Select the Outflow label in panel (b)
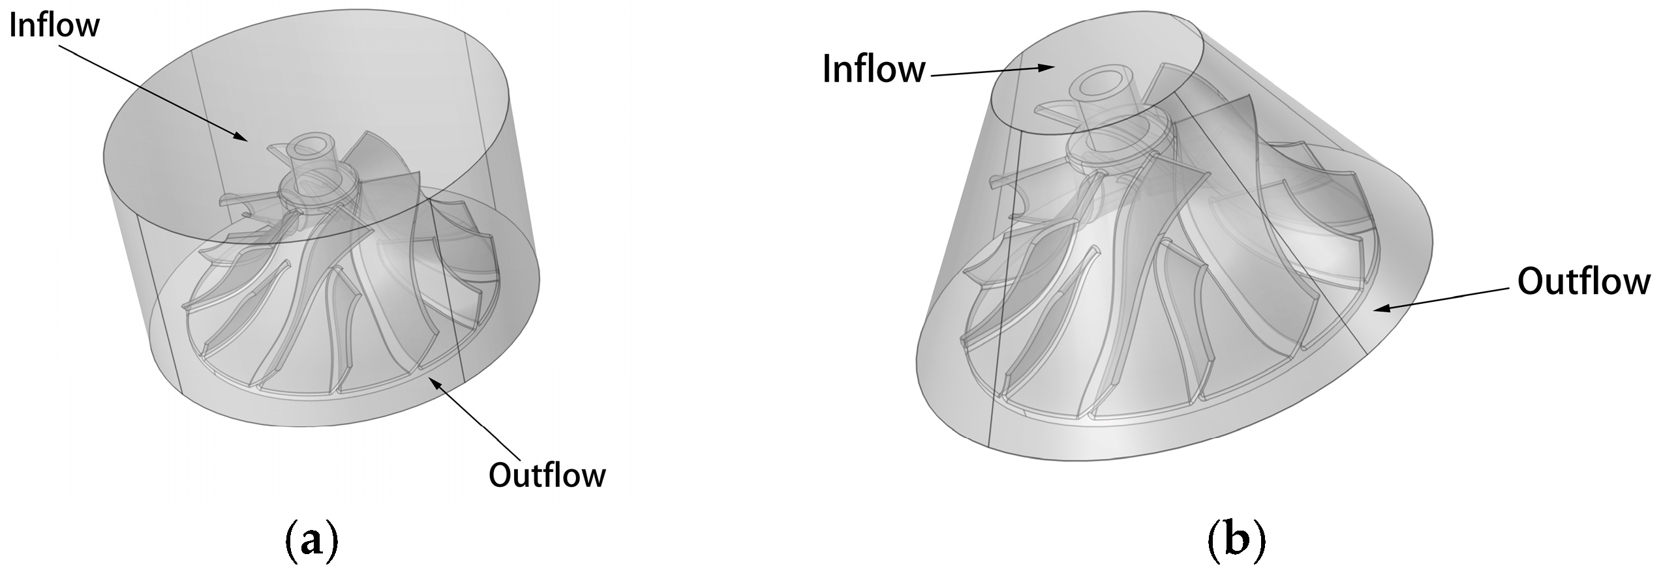pyautogui.click(x=1583, y=282)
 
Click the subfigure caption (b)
pyautogui.click(x=1237, y=541)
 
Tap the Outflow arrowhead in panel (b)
pyautogui.click(x=1378, y=309)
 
